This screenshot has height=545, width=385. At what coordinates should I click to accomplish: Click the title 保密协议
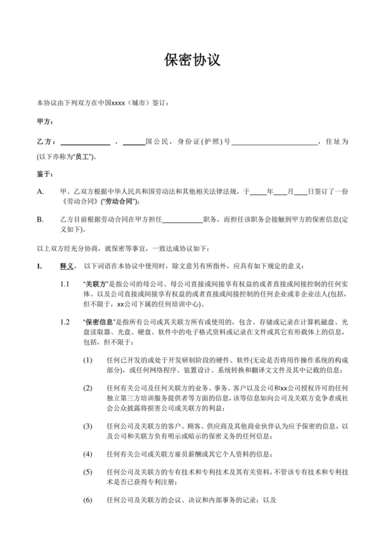(192, 60)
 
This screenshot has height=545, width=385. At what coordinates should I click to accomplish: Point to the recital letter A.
(41, 192)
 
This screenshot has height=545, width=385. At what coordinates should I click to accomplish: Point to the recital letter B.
(41, 220)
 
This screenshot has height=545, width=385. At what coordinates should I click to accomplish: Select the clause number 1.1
(65, 284)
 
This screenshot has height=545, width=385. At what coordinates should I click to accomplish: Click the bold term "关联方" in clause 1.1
(95, 284)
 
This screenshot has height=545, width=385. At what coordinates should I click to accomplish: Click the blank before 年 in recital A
(258, 192)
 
